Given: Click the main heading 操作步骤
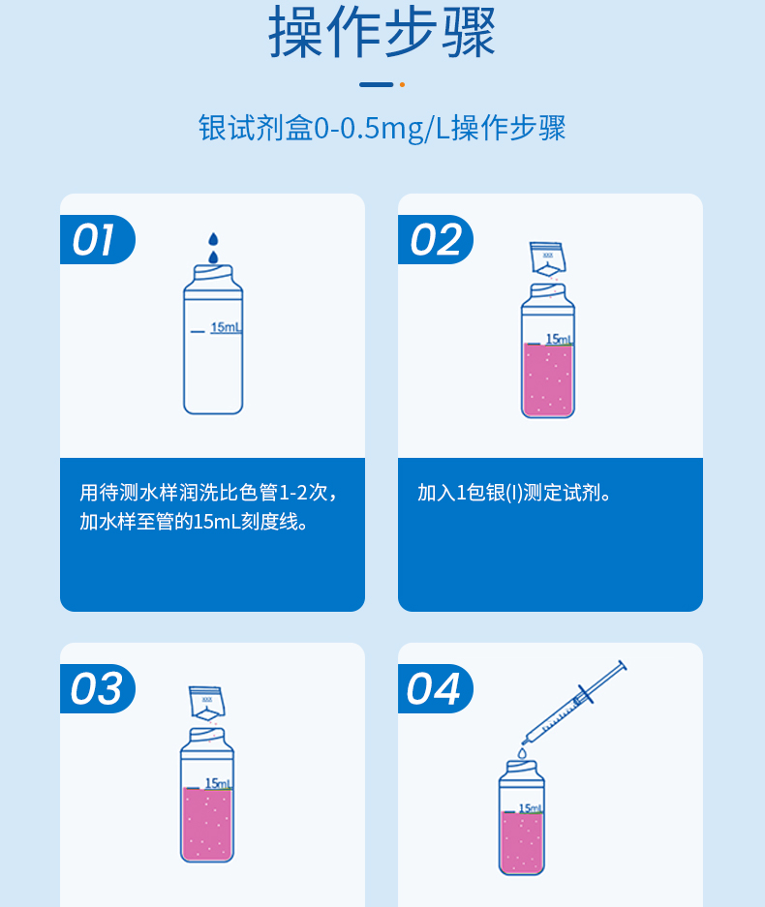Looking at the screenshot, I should [x=382, y=33].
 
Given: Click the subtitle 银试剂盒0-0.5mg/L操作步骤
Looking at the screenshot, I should [x=382, y=128].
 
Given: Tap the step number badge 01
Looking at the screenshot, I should [x=96, y=240].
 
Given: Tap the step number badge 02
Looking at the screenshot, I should [x=434, y=240].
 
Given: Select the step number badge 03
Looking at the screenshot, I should [x=96, y=689].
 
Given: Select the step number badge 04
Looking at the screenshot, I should [x=434, y=689].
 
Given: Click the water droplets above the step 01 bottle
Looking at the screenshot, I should [x=214, y=248].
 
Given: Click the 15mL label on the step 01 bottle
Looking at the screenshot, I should [x=226, y=327].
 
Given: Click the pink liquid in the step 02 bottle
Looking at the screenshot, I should [x=547, y=379].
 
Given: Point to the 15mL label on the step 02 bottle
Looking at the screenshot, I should [x=559, y=339].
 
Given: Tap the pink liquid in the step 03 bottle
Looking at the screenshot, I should [x=206, y=823].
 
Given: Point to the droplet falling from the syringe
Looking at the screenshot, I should [x=521, y=751].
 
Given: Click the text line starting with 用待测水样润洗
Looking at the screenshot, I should [x=209, y=493].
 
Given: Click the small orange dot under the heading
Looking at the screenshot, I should [x=402, y=85].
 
